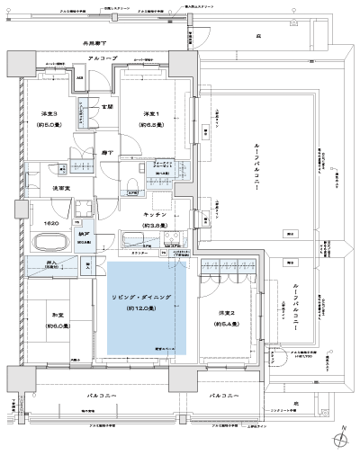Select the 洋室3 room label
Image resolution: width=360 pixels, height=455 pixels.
(x=49, y=113)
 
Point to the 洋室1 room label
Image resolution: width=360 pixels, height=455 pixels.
(x=150, y=113)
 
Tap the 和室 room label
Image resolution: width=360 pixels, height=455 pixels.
(x=49, y=316)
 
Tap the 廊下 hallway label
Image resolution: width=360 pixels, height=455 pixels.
(x=106, y=153)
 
